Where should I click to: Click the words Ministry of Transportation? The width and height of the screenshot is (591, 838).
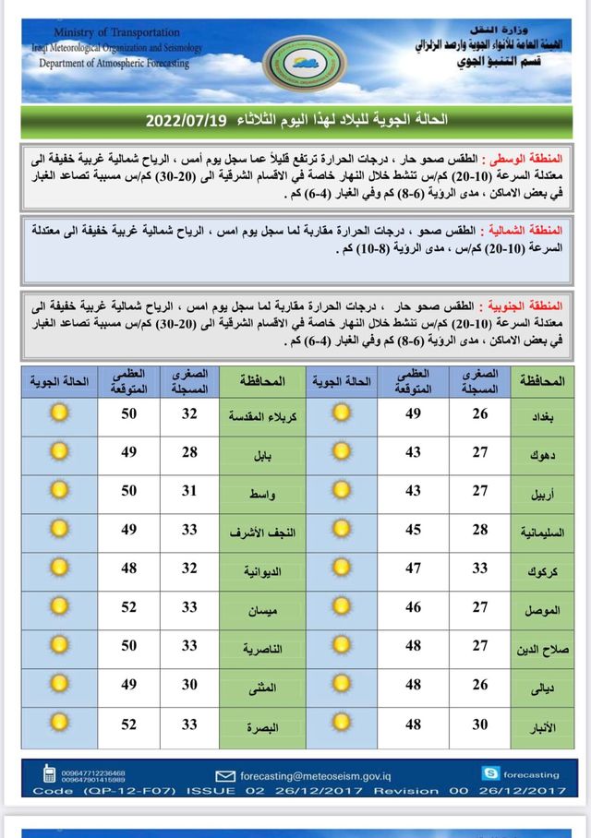tap(101, 33)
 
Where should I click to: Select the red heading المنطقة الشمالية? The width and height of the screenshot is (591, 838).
tap(535, 228)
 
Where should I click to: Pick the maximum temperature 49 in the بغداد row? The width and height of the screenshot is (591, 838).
tap(413, 413)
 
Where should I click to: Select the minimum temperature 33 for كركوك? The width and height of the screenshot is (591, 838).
tap(480, 569)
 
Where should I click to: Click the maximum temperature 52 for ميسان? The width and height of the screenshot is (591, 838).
tap(128, 607)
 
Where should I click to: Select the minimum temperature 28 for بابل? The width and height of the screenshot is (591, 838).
tap(189, 451)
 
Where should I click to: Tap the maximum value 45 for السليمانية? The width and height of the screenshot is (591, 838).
tap(413, 529)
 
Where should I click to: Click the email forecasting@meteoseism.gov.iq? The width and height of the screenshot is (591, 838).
tap(315, 775)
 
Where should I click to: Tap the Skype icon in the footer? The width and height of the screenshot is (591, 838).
tap(490, 773)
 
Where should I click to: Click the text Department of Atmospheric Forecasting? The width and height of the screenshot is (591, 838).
tap(114, 64)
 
